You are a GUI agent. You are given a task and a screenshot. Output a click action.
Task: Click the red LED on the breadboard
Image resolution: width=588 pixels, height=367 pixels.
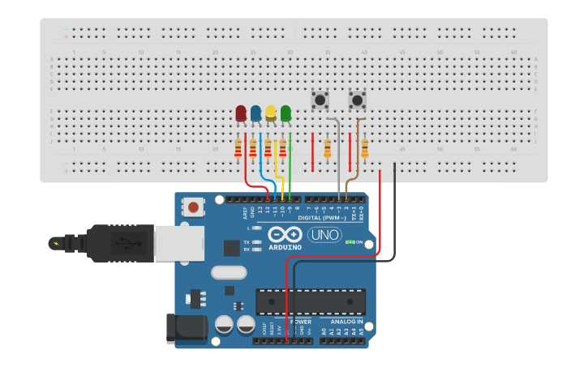click(x=241, y=113)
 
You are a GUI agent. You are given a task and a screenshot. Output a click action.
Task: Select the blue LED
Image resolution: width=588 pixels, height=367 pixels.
click(x=256, y=113)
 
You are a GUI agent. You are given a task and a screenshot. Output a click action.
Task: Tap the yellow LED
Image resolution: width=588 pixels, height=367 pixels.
click(x=271, y=113)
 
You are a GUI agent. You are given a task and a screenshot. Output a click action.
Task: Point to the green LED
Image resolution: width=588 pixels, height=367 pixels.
click(x=285, y=113)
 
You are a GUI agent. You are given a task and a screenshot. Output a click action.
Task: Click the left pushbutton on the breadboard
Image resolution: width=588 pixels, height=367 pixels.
click(x=320, y=100)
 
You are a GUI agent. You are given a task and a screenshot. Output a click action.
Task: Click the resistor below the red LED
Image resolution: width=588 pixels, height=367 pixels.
click(x=238, y=148)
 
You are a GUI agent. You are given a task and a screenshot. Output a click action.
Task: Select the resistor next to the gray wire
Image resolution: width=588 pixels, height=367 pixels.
click(x=328, y=148)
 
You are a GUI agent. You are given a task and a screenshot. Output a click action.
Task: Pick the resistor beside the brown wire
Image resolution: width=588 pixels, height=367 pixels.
click(x=365, y=148)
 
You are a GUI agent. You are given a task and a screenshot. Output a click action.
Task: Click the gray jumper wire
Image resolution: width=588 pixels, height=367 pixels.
click(x=338, y=162)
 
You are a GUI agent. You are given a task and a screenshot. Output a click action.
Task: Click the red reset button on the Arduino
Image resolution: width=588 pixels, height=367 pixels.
click(x=193, y=208)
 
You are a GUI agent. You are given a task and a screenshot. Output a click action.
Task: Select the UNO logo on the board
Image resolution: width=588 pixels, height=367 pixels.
click(x=324, y=234)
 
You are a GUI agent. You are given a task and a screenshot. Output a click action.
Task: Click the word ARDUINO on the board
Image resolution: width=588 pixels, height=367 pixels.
click(x=285, y=246)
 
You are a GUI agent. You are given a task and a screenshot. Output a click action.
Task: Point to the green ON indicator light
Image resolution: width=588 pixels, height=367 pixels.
click(x=349, y=241)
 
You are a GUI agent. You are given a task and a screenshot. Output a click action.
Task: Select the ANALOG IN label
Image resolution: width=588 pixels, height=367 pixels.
click(x=348, y=322)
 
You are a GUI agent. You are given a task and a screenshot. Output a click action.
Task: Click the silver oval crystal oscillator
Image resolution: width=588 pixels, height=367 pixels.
click(x=229, y=273)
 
